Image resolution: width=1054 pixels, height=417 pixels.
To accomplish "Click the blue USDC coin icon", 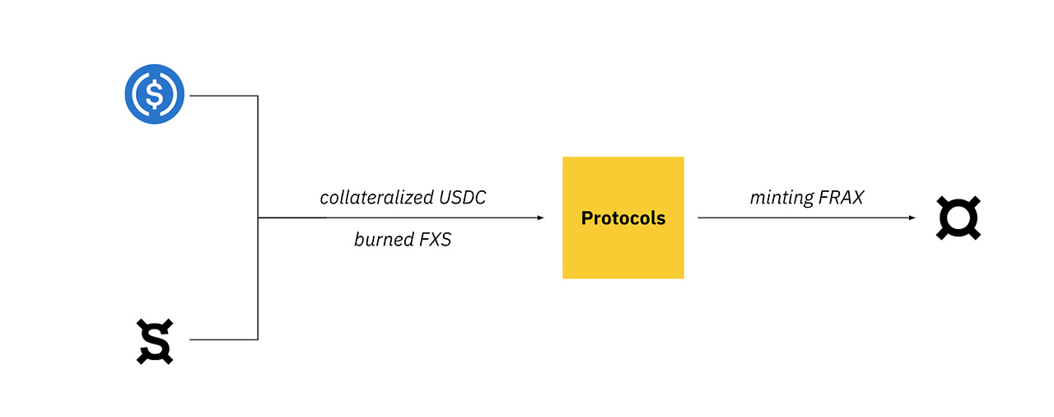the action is [x=154, y=94].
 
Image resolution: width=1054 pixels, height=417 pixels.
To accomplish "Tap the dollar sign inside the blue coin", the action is [x=154, y=94].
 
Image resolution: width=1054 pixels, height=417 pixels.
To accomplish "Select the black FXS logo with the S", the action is [x=155, y=341].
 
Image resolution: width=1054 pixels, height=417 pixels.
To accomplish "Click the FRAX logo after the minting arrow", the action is [x=958, y=218].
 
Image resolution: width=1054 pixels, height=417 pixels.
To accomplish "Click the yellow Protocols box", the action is [x=623, y=218].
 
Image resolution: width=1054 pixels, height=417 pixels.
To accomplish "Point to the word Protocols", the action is [x=623, y=218].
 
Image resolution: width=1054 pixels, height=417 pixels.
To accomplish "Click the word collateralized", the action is [x=376, y=197].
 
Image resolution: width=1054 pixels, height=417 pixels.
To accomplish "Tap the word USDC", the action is [x=463, y=198].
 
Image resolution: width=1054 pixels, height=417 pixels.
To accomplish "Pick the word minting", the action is [x=781, y=198].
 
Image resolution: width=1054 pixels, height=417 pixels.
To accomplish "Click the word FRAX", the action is [x=842, y=198].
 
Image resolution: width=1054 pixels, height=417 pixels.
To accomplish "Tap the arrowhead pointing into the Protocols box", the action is [x=541, y=218].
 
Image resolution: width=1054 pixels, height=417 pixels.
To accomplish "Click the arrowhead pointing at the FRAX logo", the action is [x=912, y=218].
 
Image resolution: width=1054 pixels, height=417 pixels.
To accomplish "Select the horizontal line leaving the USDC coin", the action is [x=223, y=96].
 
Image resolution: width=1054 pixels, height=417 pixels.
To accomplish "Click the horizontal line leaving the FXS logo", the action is [x=223, y=340].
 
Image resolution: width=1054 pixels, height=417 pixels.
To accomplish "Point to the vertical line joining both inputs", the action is [x=258, y=218].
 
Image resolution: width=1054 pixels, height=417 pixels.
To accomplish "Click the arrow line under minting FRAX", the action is [x=806, y=218].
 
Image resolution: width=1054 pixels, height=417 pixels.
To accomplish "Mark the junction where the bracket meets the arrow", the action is [x=258, y=218].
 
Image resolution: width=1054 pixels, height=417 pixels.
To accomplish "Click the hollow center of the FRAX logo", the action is [x=958, y=218].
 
